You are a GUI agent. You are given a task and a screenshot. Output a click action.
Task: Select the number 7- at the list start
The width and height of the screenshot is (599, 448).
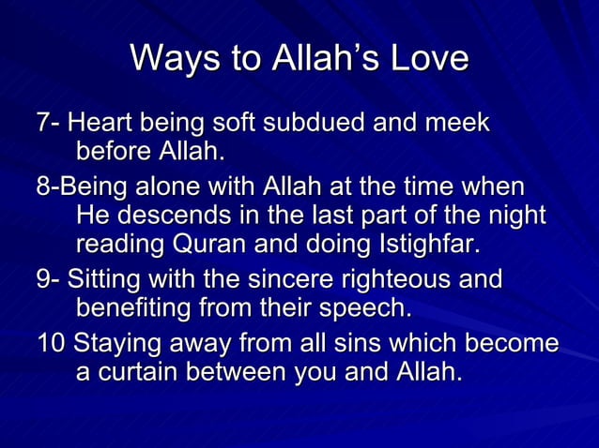pos(50,123)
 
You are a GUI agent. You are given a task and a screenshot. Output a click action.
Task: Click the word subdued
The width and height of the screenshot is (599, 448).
pos(327,123)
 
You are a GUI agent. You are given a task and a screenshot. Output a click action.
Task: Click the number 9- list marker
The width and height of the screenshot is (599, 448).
pos(50,279)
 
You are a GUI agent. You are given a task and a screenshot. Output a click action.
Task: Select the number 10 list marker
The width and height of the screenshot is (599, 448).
pos(51,343)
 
